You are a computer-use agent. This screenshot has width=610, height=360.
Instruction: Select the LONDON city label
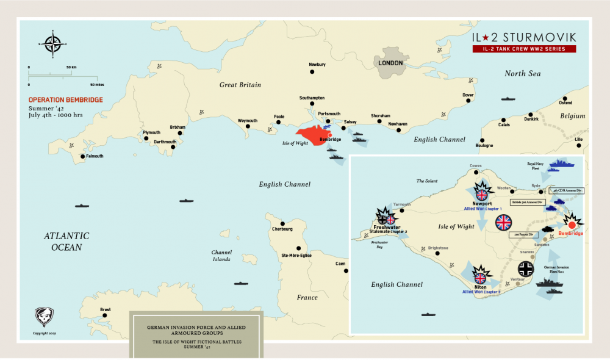click(390, 63)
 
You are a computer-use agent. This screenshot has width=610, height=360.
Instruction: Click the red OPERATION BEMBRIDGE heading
click(65, 99)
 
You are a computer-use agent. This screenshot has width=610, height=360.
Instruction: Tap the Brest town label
click(105, 310)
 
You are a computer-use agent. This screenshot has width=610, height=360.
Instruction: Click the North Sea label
click(522, 74)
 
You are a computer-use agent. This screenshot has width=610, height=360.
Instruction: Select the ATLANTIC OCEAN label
click(66, 242)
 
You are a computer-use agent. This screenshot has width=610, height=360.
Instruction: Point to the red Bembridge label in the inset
click(570, 234)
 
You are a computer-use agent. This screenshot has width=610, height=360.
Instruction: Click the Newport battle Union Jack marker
click(482, 194)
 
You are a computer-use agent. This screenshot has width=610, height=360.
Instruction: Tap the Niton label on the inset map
click(479, 286)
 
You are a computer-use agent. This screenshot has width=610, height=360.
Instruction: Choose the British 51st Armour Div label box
click(528, 201)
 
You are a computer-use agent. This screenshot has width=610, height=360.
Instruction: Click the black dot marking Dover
click(468, 103)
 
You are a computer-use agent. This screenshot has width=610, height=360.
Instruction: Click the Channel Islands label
click(221, 256)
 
